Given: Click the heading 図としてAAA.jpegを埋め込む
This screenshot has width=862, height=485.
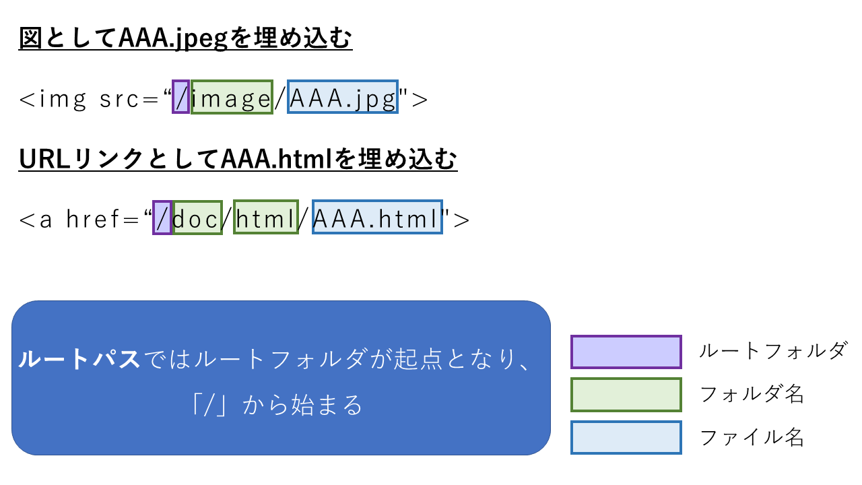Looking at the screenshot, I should [x=186, y=39].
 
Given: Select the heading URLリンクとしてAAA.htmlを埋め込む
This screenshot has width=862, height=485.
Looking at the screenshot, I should [x=238, y=160].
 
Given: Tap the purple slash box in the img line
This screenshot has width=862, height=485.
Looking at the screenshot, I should [x=180, y=97].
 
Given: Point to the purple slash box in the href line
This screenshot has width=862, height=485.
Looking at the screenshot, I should [x=162, y=217].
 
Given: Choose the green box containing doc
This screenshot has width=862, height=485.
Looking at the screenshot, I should [x=197, y=217].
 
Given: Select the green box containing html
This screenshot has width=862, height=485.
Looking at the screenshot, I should [x=265, y=217].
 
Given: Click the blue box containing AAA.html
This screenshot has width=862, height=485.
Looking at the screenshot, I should [x=377, y=217].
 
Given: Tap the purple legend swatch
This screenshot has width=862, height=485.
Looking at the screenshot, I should [x=626, y=352].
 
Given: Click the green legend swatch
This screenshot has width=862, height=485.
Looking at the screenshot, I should [x=626, y=395].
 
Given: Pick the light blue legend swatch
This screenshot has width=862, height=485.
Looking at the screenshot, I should [x=626, y=438].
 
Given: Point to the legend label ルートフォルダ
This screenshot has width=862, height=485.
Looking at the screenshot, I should [x=772, y=351].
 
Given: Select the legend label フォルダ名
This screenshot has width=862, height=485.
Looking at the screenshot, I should [x=752, y=394].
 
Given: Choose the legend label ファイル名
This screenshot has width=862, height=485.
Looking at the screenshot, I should [x=752, y=438].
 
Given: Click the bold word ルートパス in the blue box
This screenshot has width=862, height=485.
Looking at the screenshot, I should [x=79, y=359].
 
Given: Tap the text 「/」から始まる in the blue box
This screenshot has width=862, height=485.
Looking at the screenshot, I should [x=276, y=406].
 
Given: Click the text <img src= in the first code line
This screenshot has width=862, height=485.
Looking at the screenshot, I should [x=88, y=99].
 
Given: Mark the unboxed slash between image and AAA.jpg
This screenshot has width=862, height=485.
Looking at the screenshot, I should [x=280, y=99].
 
